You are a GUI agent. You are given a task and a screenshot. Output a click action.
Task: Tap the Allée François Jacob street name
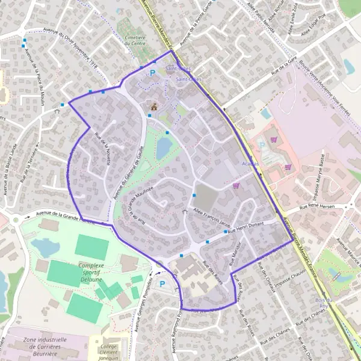coord(211,214)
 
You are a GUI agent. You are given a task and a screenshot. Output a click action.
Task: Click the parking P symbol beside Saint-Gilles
coord(153,73)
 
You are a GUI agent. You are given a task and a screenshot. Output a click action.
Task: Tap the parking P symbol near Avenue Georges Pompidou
coord(161,283)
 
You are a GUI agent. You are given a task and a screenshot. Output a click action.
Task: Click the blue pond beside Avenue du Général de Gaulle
coord(163,147)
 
